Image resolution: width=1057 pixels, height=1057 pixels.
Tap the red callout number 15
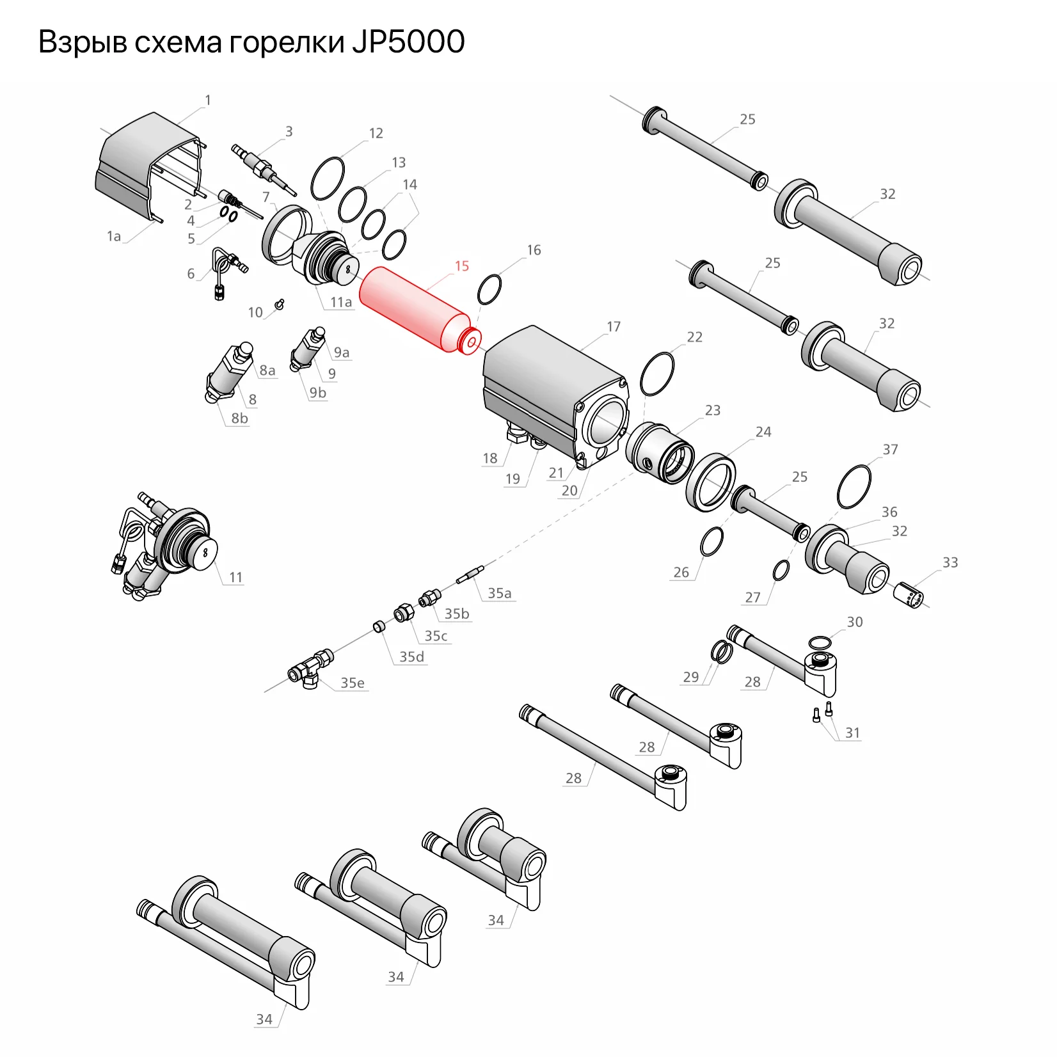(462, 266)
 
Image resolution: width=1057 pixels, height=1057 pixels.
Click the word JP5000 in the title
(408, 42)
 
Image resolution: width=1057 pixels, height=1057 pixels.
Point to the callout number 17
(614, 327)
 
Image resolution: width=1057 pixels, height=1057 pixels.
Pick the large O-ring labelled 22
(657, 374)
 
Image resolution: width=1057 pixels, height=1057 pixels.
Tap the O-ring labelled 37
(854, 487)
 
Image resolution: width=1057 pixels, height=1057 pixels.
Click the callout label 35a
(500, 593)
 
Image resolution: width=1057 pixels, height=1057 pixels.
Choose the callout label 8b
(239, 418)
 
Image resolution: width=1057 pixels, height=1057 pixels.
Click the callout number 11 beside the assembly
(236, 577)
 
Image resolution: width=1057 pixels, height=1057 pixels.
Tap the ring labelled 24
(710, 483)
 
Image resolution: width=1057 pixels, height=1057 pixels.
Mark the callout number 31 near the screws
(853, 733)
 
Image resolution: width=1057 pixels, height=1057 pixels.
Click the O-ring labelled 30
(820, 642)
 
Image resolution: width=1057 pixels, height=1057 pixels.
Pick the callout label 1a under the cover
(114, 237)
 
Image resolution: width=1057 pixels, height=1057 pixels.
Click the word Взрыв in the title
(83, 42)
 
